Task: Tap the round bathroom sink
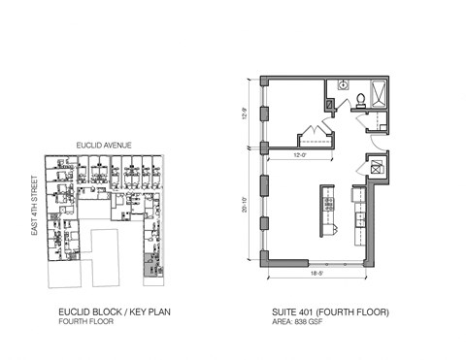click(342, 85)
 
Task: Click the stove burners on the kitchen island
click(328, 205)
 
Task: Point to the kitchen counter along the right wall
click(359, 218)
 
